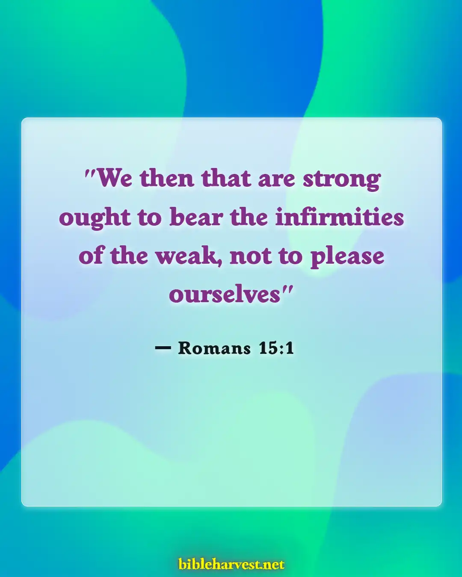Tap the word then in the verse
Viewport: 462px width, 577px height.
[x=167, y=178]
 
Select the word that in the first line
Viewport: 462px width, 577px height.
[x=226, y=178]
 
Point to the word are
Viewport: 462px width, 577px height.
[x=276, y=179]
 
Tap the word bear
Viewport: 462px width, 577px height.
[x=196, y=217]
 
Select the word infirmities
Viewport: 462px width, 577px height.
[x=339, y=217]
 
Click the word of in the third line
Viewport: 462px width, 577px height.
[x=91, y=256]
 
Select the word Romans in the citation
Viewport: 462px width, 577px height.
[x=214, y=348]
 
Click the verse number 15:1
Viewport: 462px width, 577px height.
[x=276, y=348]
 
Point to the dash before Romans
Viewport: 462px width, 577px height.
[x=163, y=348]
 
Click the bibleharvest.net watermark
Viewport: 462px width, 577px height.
[x=231, y=564]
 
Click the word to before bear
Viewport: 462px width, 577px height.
[x=149, y=218]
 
